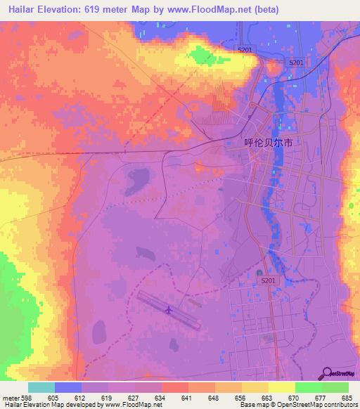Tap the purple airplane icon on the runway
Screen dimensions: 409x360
(x=168, y=310)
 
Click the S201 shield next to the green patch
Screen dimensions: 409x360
(x=244, y=50)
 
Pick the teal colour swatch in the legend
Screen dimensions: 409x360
(x=41, y=387)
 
